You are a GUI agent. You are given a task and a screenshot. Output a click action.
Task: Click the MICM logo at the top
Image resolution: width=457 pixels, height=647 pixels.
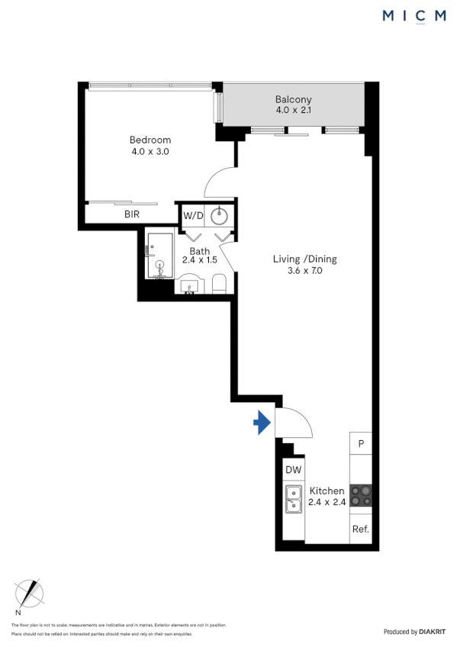pyautogui.click(x=414, y=16)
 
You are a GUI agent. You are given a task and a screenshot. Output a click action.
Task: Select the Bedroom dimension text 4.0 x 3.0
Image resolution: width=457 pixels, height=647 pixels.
pyautogui.click(x=150, y=151)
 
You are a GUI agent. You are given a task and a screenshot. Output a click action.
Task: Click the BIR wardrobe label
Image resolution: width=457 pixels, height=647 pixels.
pyautogui.click(x=132, y=214)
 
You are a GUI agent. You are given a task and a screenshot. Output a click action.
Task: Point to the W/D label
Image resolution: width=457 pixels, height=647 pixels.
pyautogui.click(x=193, y=215)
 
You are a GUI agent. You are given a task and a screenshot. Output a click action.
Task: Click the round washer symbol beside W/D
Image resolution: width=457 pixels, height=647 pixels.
pyautogui.click(x=220, y=214)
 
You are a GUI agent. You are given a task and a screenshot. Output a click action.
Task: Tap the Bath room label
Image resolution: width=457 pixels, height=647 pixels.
pyautogui.click(x=200, y=250)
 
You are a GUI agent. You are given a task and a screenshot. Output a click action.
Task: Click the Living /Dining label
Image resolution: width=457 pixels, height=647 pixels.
pyautogui.click(x=304, y=259)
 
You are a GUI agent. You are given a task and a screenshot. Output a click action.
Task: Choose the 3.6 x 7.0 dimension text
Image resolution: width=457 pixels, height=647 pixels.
pyautogui.click(x=304, y=270)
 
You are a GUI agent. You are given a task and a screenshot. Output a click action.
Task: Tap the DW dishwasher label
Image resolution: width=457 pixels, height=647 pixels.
pyautogui.click(x=293, y=471)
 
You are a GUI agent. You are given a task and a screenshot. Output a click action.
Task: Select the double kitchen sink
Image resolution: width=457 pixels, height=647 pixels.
pyautogui.click(x=293, y=500)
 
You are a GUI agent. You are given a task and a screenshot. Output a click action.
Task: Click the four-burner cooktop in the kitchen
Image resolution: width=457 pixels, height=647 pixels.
pyautogui.click(x=361, y=496)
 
